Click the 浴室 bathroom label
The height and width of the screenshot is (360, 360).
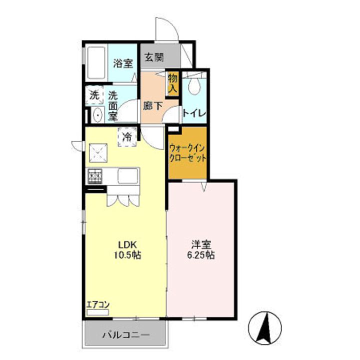point(123,63)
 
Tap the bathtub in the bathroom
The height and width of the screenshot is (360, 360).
point(96,62)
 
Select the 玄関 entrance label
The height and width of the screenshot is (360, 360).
point(154,57)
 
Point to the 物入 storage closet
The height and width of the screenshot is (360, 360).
point(173,84)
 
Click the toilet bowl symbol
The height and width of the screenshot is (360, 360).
point(194,84)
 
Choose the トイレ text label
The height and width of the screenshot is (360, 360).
point(194,113)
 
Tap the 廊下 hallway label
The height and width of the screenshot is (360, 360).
point(152,106)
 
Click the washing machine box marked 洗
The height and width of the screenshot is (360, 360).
point(94,95)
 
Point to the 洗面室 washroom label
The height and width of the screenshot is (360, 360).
point(112,106)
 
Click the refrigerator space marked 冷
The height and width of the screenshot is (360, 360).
point(127,137)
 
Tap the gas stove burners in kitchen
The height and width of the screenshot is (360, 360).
point(95,176)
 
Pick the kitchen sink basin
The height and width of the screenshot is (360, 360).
point(128,176)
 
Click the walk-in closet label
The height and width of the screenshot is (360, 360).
point(187,153)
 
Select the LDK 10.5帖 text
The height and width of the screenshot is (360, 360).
point(127,250)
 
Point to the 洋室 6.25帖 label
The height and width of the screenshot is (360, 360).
point(201,250)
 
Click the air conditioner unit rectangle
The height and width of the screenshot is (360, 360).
point(97,312)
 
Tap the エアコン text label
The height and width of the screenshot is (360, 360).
point(98,305)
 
